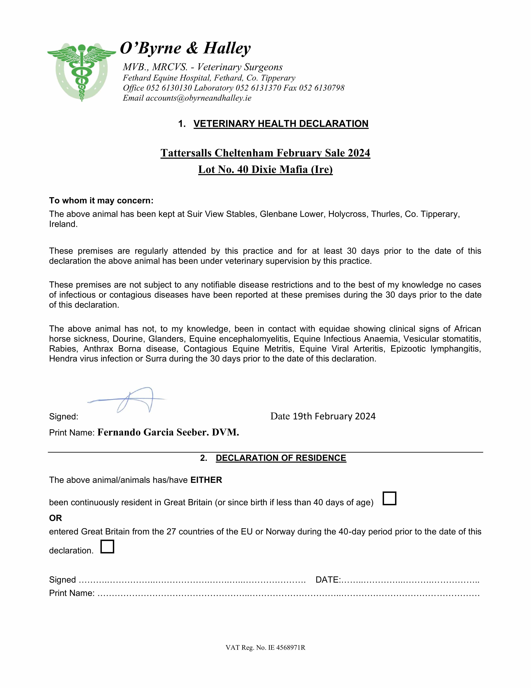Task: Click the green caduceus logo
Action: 82,72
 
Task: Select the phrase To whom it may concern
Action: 101,201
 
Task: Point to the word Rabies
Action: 64,349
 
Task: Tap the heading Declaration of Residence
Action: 281,458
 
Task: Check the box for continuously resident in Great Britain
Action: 389,498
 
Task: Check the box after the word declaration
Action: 107,547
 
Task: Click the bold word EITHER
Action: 206,480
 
